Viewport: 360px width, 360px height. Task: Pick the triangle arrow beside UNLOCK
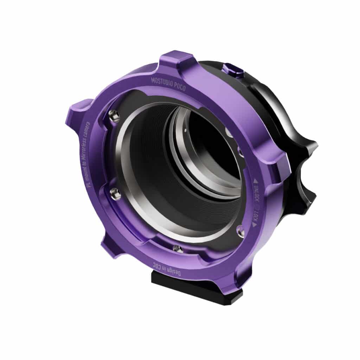click(256, 180)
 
